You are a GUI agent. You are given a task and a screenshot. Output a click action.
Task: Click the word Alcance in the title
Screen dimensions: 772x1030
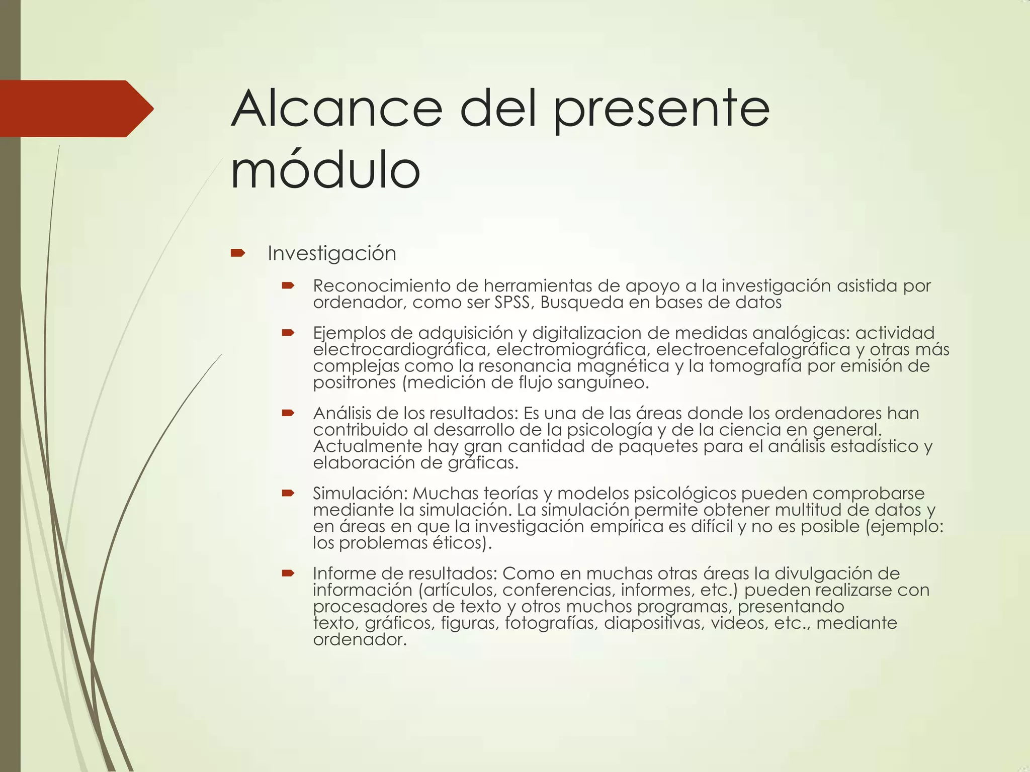336,109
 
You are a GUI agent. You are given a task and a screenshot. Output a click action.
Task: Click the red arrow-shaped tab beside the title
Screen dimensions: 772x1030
75,109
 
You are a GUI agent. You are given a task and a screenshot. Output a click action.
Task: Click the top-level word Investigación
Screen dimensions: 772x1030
332,253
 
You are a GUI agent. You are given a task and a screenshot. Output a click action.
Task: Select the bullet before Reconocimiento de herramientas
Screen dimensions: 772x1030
288,286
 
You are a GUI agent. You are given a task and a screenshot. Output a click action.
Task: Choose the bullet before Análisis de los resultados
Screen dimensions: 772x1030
288,413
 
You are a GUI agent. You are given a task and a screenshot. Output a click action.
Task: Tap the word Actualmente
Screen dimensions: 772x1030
368,446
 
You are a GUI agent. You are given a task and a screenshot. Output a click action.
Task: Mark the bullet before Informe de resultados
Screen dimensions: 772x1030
288,573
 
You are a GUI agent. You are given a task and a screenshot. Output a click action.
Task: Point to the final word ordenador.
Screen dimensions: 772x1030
360,639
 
